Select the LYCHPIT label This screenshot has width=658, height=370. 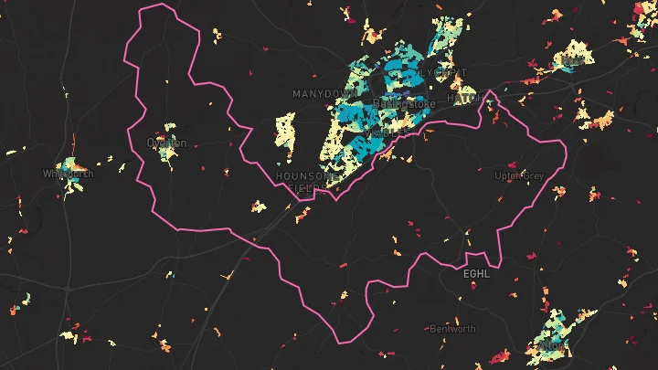444,73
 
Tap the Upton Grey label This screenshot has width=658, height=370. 518,175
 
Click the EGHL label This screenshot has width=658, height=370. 477,273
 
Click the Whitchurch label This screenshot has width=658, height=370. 63,174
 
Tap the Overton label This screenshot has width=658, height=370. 166,143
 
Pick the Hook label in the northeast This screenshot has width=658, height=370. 574,62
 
